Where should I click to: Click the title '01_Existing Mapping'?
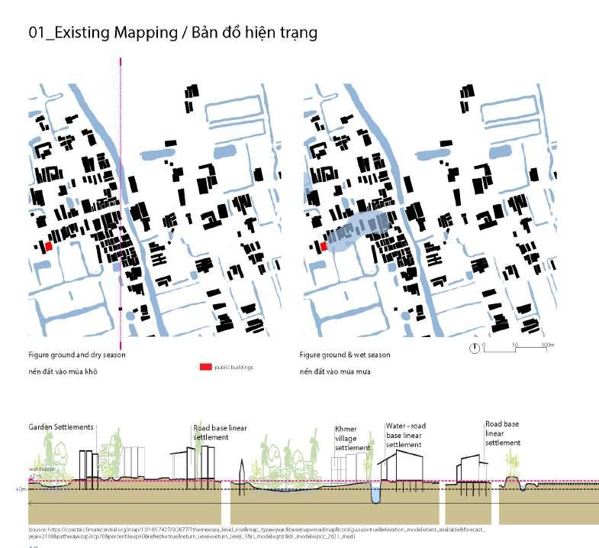coord(100,33)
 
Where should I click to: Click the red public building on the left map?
coord(48,247)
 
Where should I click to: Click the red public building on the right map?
coord(323,246)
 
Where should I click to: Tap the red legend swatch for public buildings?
coord(205,368)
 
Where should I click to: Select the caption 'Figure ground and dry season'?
coord(76,355)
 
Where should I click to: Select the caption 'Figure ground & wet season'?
coord(344,355)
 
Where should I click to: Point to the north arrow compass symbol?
coord(475,349)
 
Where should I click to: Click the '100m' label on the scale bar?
coord(547,345)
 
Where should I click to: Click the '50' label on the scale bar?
coord(515,345)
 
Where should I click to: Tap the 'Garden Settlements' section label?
coord(61,426)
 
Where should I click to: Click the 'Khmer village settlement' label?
coord(352,439)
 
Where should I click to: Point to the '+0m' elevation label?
coord(21,488)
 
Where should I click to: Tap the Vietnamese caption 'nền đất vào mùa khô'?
coord(66,371)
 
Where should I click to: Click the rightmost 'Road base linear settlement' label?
coord(502,433)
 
